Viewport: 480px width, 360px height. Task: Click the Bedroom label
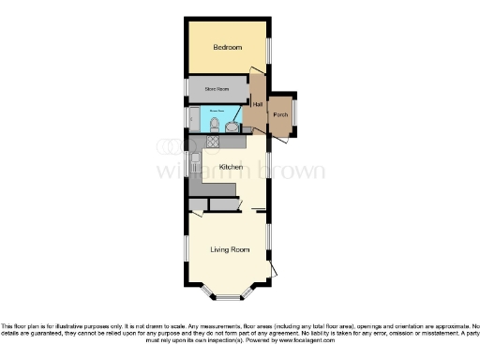coord(227,48)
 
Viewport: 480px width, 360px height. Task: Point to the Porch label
coord(279,115)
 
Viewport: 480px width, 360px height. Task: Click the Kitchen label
coord(231,167)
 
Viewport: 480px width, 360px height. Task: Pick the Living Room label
coord(230,249)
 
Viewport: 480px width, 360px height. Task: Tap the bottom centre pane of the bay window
coord(230,299)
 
